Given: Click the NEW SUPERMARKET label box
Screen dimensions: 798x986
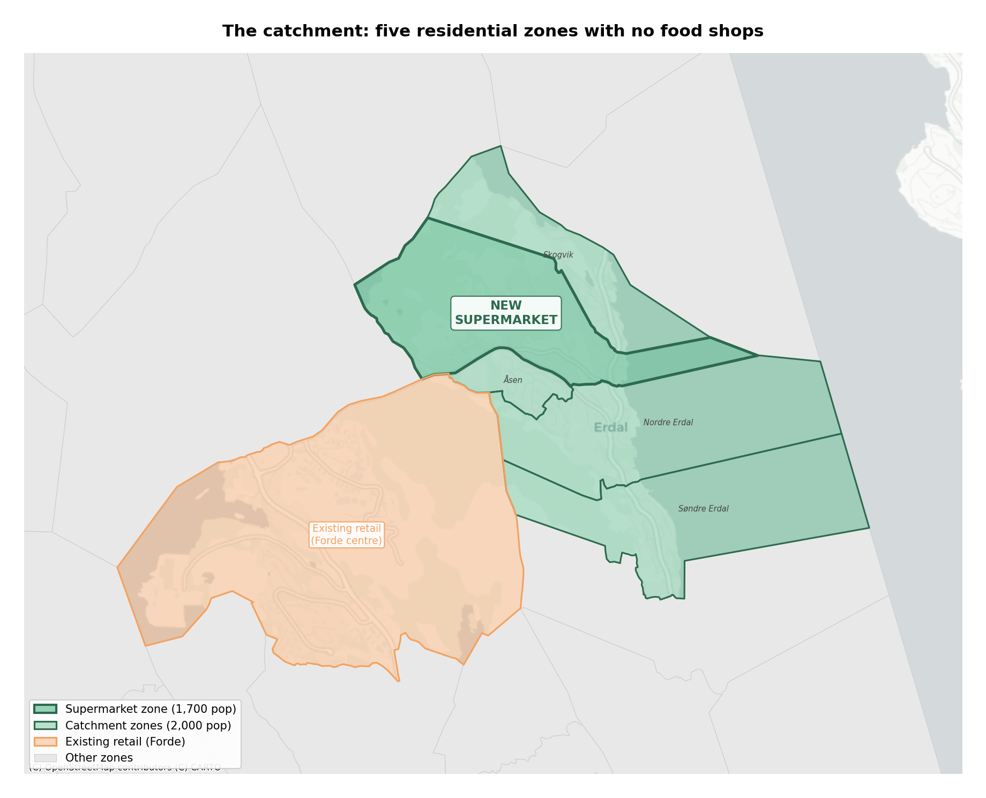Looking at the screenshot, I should click(x=506, y=313).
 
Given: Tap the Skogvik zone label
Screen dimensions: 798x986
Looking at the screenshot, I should click(x=558, y=255).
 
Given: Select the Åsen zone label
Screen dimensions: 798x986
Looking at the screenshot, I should click(x=512, y=380).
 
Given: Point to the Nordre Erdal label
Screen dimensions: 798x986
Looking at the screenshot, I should click(x=668, y=423).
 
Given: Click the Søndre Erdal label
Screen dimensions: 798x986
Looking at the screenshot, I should click(x=703, y=509).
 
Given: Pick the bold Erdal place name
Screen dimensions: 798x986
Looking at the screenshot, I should click(x=610, y=427).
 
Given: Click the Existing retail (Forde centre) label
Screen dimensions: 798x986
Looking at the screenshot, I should click(x=346, y=534).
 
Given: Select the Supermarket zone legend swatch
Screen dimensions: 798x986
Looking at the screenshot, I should click(x=45, y=709).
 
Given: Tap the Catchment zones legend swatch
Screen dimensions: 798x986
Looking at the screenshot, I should click(x=45, y=726).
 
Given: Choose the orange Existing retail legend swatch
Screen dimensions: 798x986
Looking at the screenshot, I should click(x=45, y=742).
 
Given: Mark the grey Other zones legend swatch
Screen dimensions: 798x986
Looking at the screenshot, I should click(x=45, y=758).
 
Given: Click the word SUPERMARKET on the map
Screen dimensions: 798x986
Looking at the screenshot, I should click(x=506, y=320).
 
